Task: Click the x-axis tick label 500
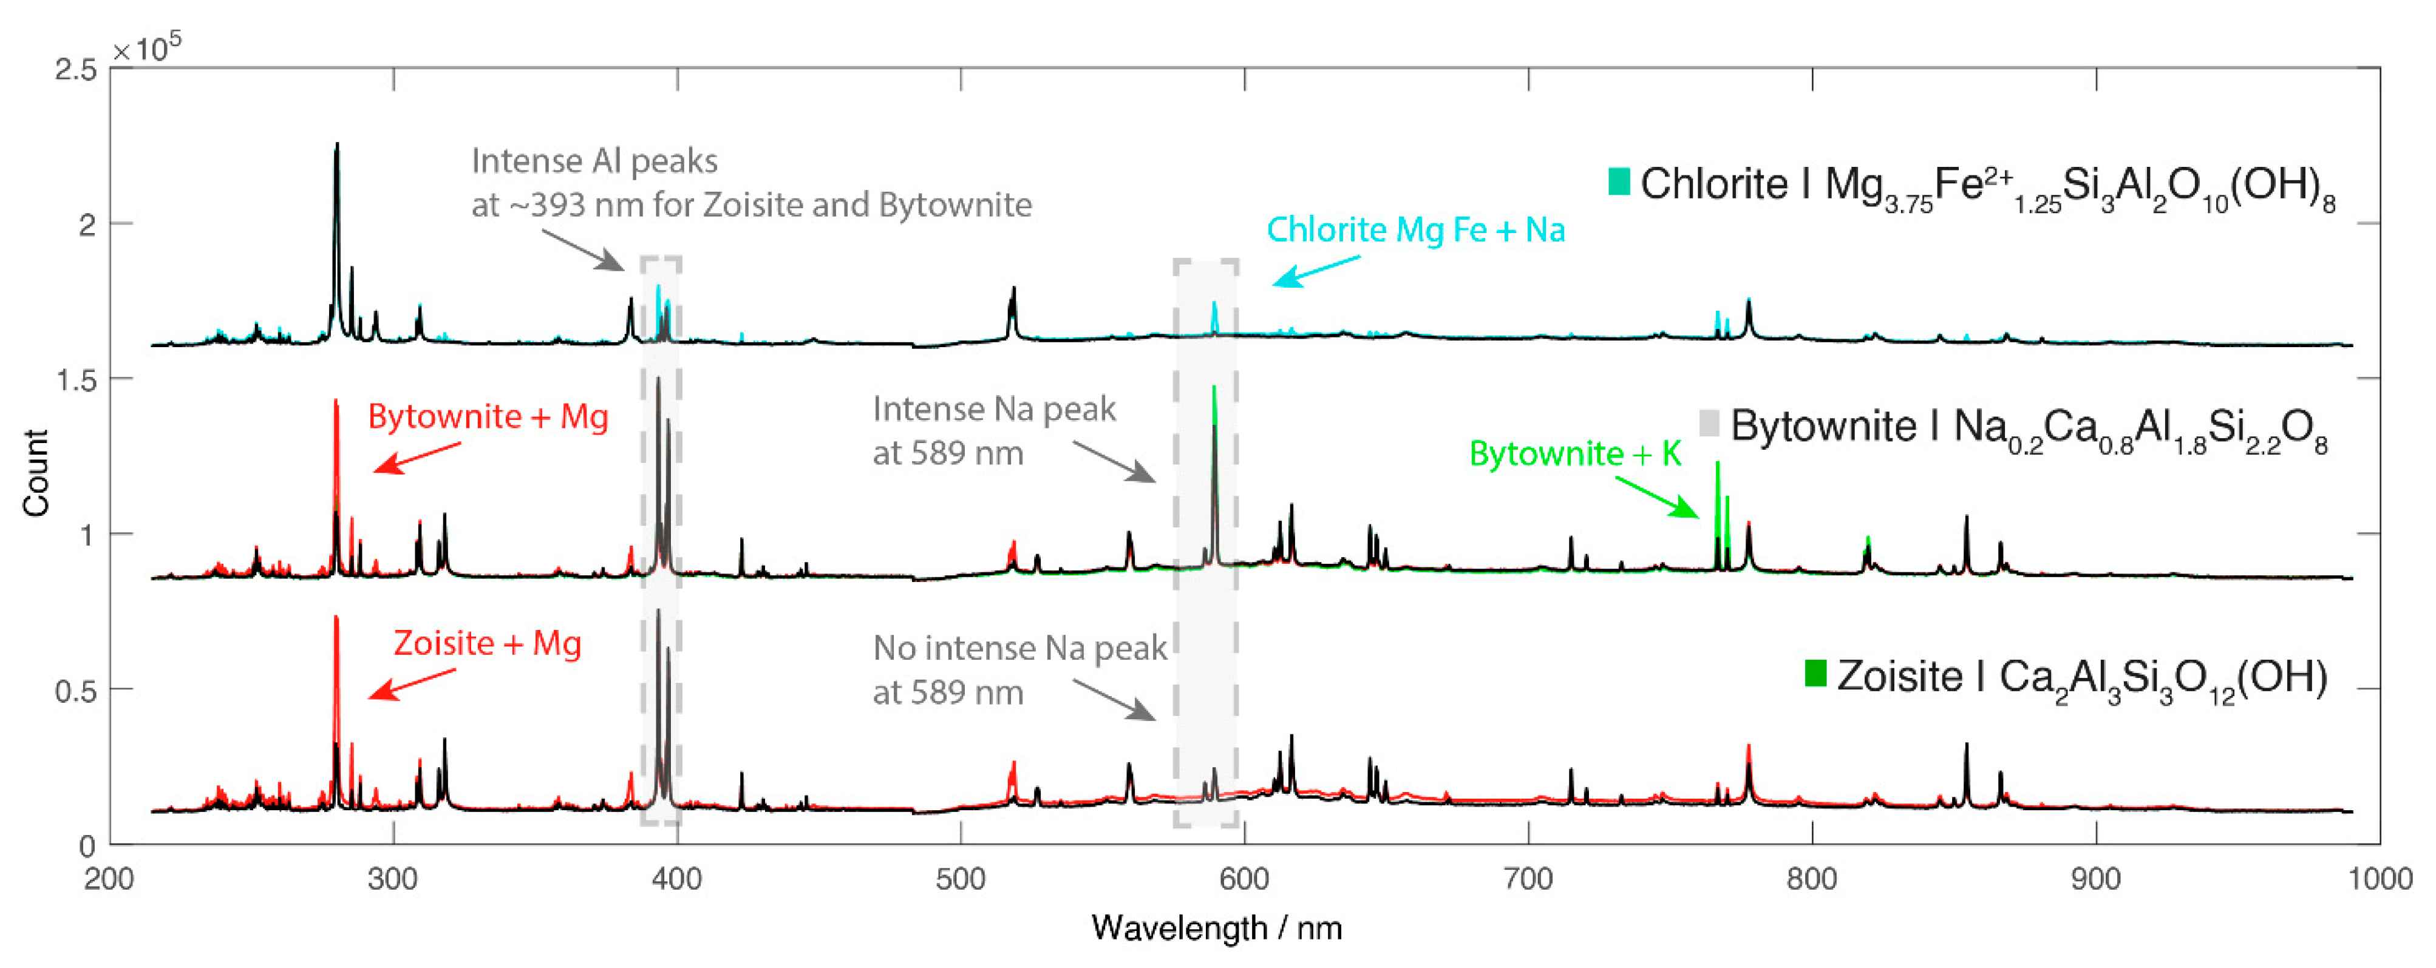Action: [x=960, y=880]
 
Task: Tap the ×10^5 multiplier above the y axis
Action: [x=146, y=48]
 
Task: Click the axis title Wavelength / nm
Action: [x=1216, y=929]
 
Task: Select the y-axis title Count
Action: [x=36, y=473]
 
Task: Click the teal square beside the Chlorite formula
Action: [x=1619, y=181]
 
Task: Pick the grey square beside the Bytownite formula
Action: [x=1709, y=424]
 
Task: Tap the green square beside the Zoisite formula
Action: [x=1815, y=673]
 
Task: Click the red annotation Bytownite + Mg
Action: [x=488, y=417]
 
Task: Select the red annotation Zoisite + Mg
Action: [x=487, y=644]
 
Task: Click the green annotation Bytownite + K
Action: [x=1574, y=454]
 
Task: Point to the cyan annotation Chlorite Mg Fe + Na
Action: [x=1416, y=230]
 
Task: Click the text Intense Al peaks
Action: [x=594, y=161]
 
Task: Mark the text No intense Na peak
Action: [x=1019, y=649]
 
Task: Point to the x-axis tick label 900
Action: [x=2095, y=880]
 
